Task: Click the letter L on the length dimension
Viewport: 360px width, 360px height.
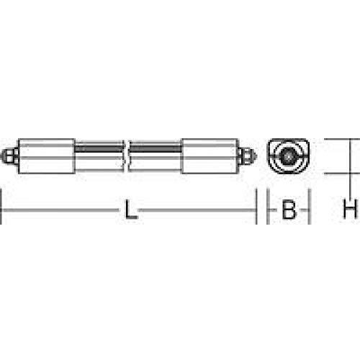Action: point(129,210)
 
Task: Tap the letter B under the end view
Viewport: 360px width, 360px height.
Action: point(289,210)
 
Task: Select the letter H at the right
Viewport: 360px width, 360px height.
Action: point(350,210)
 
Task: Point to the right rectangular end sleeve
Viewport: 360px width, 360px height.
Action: point(212,156)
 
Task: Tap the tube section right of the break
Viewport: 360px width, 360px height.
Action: point(157,156)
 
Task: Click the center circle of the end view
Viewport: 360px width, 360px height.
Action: point(288,156)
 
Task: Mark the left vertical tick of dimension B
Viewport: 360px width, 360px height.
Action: point(268,209)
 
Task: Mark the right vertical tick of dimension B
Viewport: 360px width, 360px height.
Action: point(310,209)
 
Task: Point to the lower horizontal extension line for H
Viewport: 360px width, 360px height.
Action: point(338,174)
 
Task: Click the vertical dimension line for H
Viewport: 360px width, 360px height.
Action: point(351,156)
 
